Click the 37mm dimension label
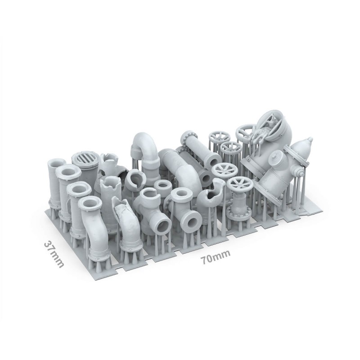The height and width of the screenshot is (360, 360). [54, 254]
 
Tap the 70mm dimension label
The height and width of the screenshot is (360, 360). [216, 257]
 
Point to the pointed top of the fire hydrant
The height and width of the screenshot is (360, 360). [310, 139]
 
